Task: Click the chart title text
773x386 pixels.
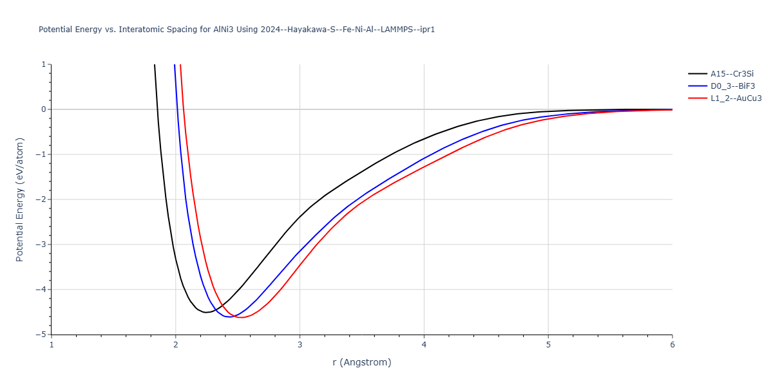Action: point(236,30)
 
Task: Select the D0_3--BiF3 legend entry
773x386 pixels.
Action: point(732,86)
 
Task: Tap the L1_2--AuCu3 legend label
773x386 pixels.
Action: point(736,98)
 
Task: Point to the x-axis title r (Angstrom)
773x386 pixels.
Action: point(361,362)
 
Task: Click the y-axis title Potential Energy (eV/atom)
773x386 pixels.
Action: point(19,199)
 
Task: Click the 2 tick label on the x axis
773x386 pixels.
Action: point(175,345)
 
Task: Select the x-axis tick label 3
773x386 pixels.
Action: point(300,345)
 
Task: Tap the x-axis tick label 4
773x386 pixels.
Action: point(424,345)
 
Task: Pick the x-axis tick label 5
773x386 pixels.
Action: point(548,345)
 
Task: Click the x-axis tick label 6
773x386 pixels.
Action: point(672,345)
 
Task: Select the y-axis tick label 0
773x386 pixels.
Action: point(43,109)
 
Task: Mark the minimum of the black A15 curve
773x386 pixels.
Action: point(205,312)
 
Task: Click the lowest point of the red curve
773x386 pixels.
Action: point(242,318)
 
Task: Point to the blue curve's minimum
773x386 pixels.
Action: point(229,317)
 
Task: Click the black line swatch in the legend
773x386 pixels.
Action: point(697,73)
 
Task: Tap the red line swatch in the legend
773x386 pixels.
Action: point(697,98)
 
